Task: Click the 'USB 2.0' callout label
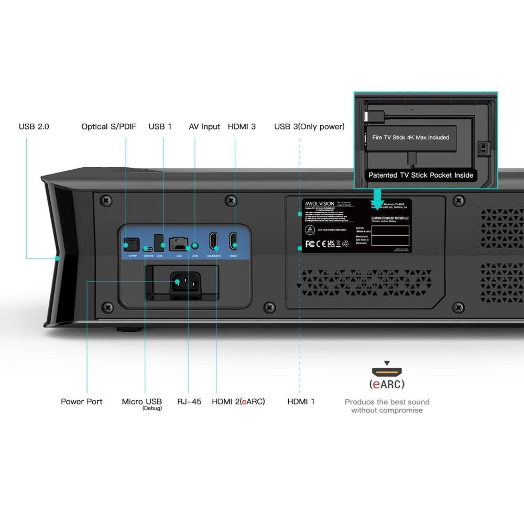coord(34,126)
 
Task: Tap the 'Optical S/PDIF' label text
coord(108,126)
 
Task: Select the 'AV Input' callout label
coord(204,126)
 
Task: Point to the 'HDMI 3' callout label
coord(242,126)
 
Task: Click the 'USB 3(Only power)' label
coord(309,126)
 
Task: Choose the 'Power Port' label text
coord(81,401)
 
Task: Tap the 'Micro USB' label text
coord(141,401)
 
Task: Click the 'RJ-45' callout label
coord(189,401)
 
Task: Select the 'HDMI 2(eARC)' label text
coord(238,401)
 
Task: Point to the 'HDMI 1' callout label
coord(301,401)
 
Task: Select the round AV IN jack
coord(196,245)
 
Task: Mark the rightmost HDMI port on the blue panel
coord(233,241)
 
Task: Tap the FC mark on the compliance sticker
coord(310,244)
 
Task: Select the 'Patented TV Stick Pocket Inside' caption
coord(421,175)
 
